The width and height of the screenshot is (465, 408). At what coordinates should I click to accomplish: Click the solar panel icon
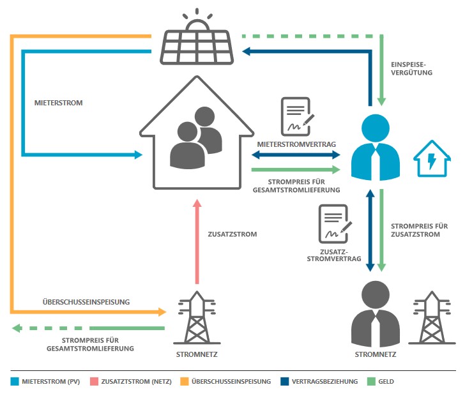pos(197,47)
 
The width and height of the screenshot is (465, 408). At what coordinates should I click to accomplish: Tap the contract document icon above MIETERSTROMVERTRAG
pos(296,117)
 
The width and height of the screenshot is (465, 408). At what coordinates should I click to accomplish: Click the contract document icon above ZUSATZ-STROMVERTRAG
pos(334,224)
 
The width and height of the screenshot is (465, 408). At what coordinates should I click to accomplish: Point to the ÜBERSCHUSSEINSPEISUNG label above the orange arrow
pos(86,301)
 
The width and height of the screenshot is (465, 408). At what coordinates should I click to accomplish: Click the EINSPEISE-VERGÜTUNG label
pos(411,68)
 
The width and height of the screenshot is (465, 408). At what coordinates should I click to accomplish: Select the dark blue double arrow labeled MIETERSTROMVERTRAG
pos(296,155)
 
